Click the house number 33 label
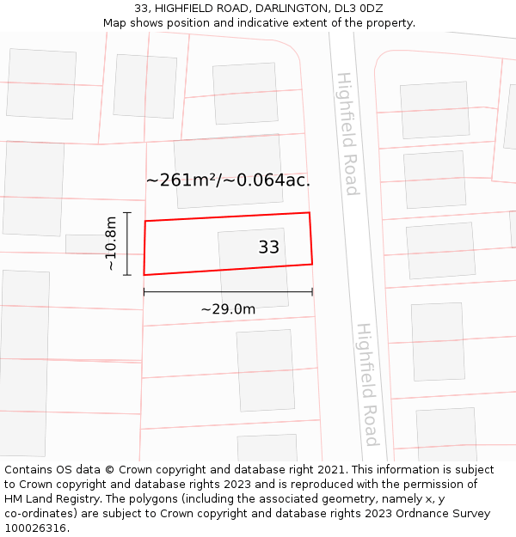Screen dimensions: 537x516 coord(268,247)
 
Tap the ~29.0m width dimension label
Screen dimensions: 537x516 coord(228,309)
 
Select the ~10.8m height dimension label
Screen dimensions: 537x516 coord(111,244)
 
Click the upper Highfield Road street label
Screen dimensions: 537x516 coord(347,133)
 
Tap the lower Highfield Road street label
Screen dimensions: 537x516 coord(368,384)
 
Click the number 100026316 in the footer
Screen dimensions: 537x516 coord(36,528)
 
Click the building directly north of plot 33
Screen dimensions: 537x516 coord(228,171)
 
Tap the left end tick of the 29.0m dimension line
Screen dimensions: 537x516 coord(144,292)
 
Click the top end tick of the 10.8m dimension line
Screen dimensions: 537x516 coord(127,212)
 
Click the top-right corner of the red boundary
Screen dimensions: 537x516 coord(310,212)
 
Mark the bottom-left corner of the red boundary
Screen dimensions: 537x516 coord(144,275)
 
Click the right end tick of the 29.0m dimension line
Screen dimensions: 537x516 coord(312,292)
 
